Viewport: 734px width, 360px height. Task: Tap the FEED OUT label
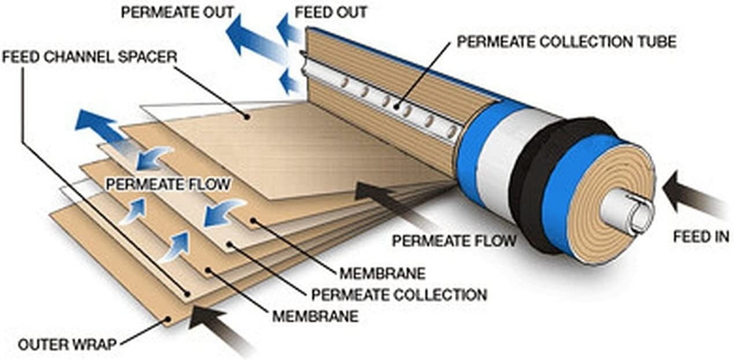[331, 12]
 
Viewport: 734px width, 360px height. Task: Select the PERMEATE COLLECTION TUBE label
[566, 42]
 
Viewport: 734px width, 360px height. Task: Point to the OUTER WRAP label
[67, 345]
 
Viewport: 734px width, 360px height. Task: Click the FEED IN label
[701, 237]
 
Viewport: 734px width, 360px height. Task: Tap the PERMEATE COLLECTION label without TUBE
[399, 294]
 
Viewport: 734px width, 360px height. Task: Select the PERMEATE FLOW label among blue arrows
[168, 185]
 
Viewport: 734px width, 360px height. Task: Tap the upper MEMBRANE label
[382, 273]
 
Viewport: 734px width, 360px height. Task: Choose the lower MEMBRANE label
[315, 317]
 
